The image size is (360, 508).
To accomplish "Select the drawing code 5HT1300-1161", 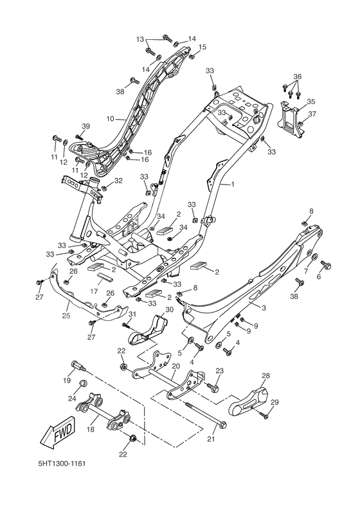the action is click(x=62, y=464).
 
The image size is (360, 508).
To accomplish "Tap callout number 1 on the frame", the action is click(x=232, y=184).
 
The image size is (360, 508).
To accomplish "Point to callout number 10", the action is click(x=110, y=119).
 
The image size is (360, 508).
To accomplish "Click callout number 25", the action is click(x=66, y=315).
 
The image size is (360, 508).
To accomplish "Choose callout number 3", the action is click(x=264, y=308).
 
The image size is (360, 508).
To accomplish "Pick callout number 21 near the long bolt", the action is click(x=211, y=439).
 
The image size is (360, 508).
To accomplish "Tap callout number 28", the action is click(x=265, y=376).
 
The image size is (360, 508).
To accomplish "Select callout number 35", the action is click(x=310, y=102).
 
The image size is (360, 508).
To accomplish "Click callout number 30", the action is click(x=170, y=309).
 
